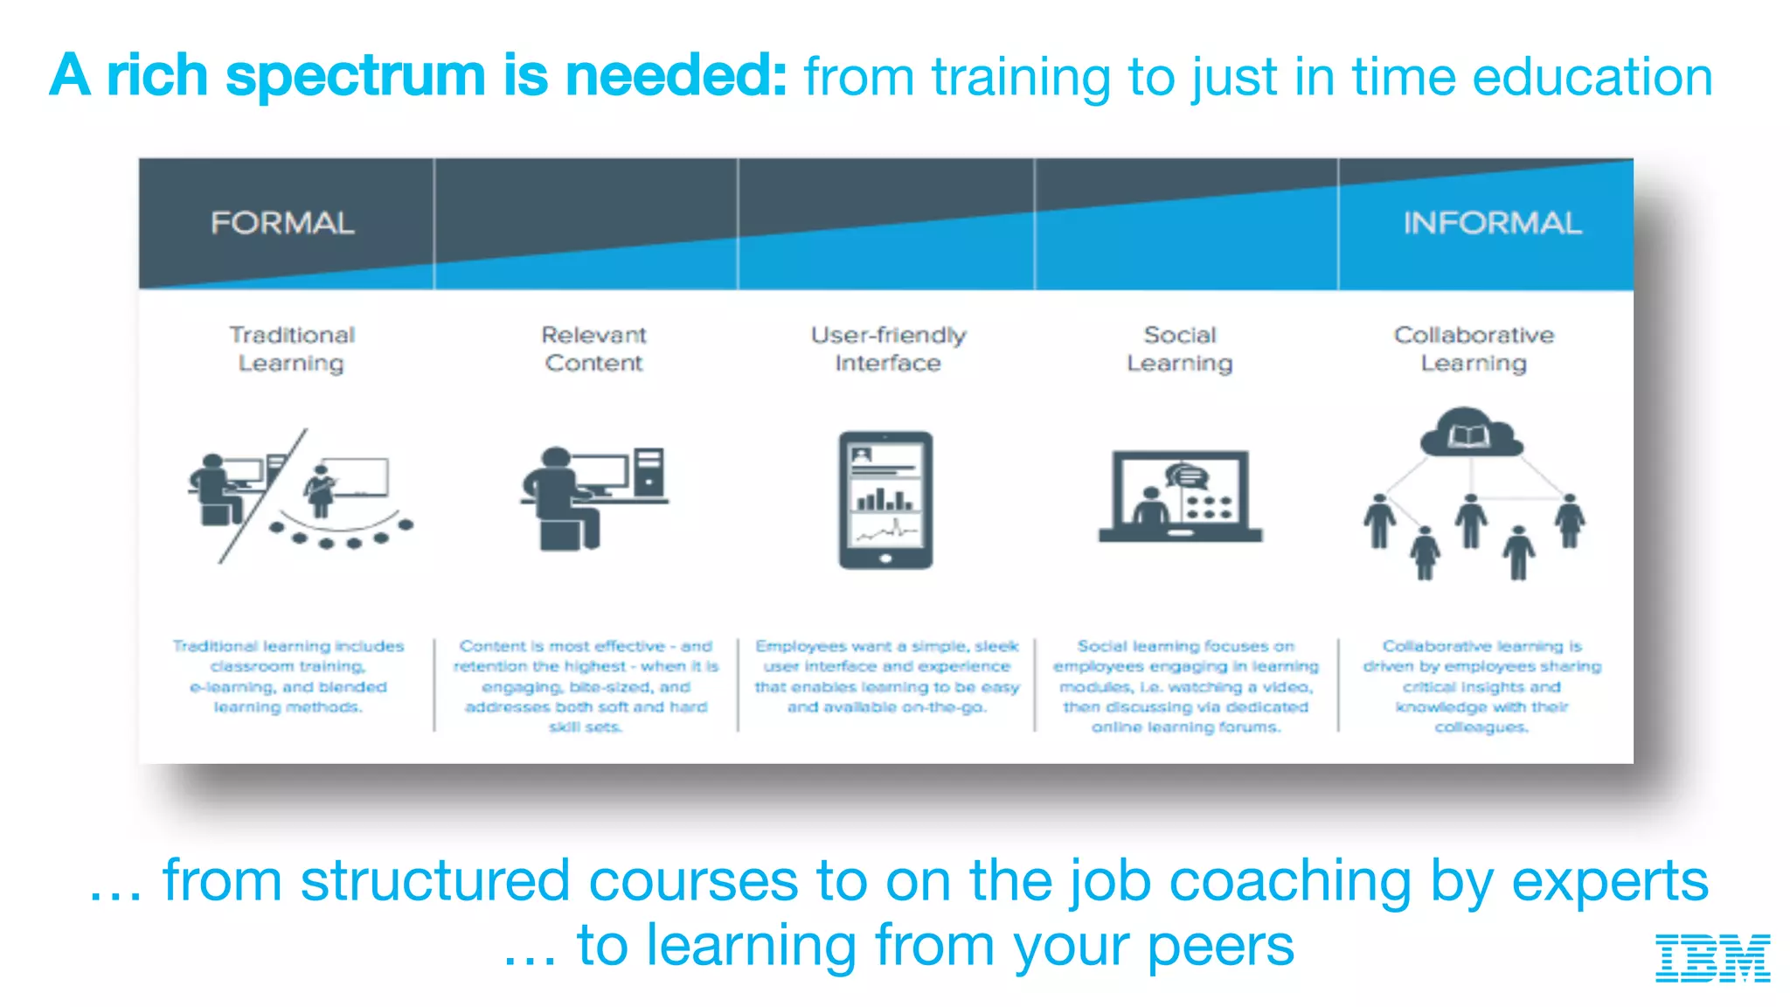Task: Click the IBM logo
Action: point(1712,957)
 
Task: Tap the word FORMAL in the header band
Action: point(282,223)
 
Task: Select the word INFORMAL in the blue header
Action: point(1492,223)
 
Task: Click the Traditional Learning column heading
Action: point(292,349)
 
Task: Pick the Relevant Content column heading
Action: point(593,349)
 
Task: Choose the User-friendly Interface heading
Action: point(888,349)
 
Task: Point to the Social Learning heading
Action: point(1180,349)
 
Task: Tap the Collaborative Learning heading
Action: point(1474,349)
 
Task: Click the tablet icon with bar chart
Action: point(885,499)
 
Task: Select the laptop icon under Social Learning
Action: point(1180,497)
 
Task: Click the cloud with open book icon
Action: point(1471,433)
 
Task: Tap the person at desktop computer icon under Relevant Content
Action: point(593,498)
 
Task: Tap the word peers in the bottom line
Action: point(1220,947)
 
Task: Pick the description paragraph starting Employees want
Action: point(887,677)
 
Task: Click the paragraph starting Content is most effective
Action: point(586,686)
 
